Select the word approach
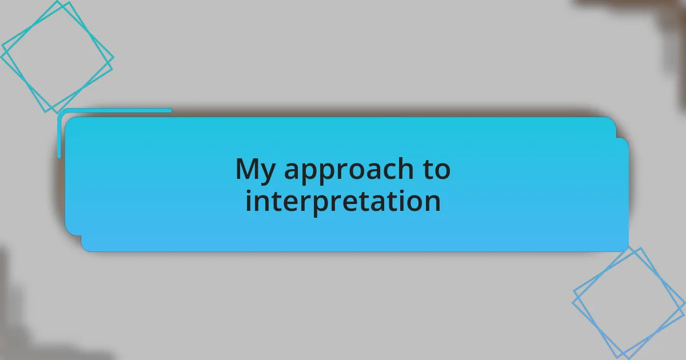[349, 170]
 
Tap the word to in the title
[437, 169]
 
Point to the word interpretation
[343, 201]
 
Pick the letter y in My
[268, 173]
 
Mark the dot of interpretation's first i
[248, 191]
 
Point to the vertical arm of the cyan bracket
[59, 136]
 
